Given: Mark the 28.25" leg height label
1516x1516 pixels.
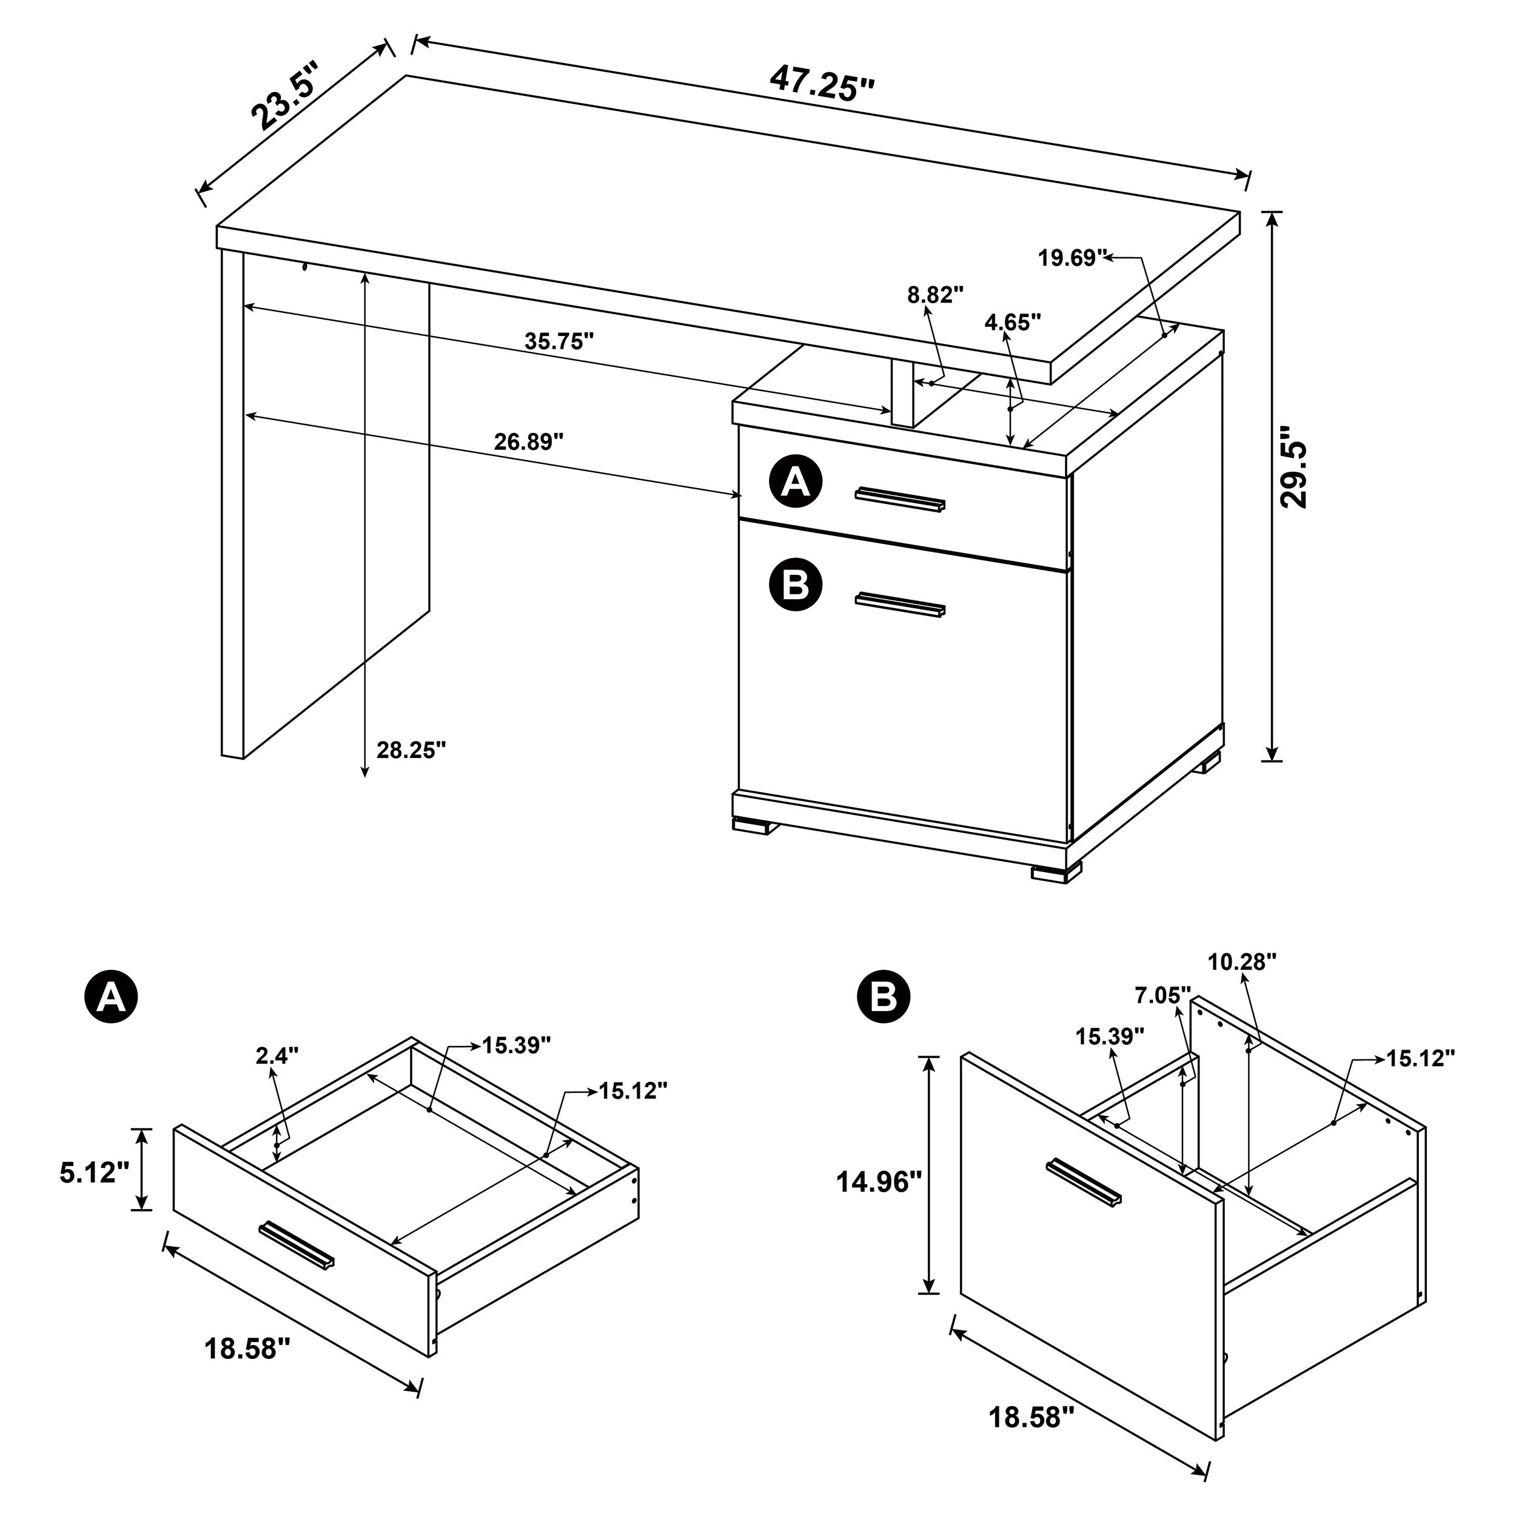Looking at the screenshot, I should click(411, 750).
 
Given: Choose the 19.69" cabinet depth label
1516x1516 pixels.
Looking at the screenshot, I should click(1072, 257).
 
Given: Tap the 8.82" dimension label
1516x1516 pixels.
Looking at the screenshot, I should click(934, 295).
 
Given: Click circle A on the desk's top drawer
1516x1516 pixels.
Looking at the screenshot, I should click(796, 483).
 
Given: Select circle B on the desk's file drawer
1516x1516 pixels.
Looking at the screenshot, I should click(796, 585).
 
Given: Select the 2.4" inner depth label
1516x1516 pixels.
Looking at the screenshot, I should click(277, 1055).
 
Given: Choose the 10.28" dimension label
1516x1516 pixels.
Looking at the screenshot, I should click(1242, 962).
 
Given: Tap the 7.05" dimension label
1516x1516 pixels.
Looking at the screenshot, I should click(1162, 996).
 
